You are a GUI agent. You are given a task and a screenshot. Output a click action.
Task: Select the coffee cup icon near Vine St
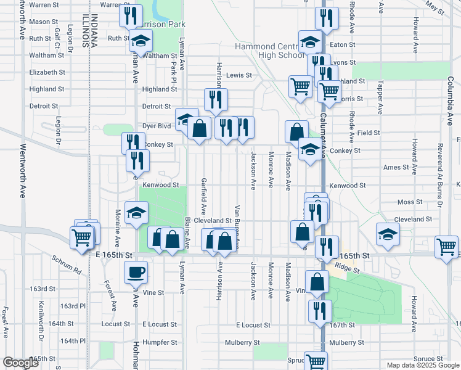(136, 271)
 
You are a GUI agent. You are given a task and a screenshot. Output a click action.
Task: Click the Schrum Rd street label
(67, 265)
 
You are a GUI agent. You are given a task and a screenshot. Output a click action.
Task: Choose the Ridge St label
(346, 269)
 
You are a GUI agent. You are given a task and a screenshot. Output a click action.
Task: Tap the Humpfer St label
(160, 342)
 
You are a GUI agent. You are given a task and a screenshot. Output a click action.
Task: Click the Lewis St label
(239, 76)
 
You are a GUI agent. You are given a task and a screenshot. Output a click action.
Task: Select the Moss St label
(410, 202)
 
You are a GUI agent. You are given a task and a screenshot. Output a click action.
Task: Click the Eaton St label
(343, 44)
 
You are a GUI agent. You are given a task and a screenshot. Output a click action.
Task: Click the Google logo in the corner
(20, 363)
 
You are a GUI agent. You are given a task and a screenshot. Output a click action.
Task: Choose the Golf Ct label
(57, 38)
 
